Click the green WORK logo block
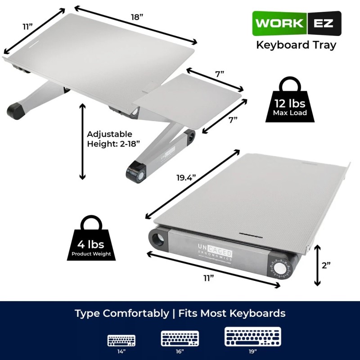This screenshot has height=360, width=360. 279,23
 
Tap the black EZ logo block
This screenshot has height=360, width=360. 324,23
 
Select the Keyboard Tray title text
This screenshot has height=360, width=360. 296,45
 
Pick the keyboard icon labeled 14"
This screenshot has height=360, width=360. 121,340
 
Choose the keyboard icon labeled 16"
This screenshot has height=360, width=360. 180,338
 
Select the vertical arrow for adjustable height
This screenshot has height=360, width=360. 82,141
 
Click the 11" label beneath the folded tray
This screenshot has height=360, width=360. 208,278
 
